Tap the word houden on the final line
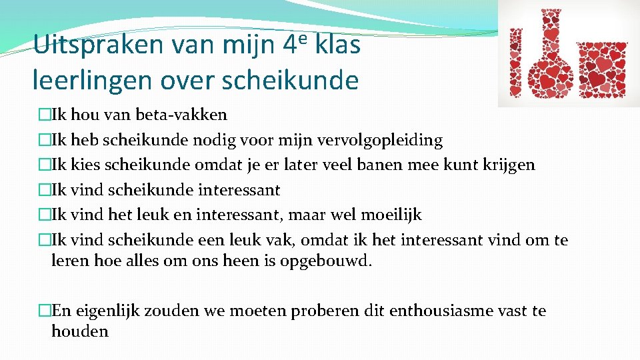click(x=79, y=331)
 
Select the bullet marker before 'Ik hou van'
click(x=45, y=115)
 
